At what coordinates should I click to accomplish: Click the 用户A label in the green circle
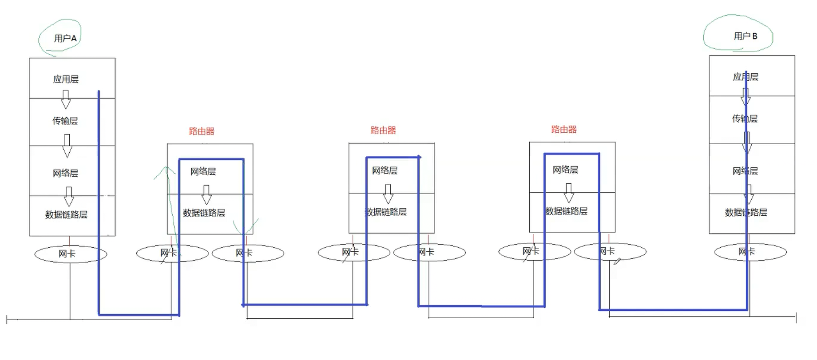coord(65,39)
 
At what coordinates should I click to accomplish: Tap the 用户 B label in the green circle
coord(745,36)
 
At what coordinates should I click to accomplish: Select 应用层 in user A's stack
coord(66,79)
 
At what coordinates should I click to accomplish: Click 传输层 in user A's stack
coord(65,121)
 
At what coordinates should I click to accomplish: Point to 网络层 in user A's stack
coord(65,173)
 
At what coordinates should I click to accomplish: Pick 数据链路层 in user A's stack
coord(66,215)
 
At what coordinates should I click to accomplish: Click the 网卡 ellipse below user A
coord(70,254)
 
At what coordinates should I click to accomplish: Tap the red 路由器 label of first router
coord(202,131)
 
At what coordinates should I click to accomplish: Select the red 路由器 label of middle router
coord(383,131)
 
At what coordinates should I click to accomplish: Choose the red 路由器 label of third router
coord(564,130)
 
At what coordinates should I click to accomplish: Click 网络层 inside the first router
coord(203,172)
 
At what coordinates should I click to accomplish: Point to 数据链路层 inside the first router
coord(204,213)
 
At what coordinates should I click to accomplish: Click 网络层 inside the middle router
coord(385,171)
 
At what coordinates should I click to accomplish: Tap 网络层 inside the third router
coord(565,170)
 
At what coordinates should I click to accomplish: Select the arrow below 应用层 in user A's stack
coord(66,99)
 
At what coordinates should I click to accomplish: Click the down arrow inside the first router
coord(206,194)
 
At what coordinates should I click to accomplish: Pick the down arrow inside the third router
coord(569,193)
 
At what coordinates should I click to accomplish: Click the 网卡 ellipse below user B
coord(750,252)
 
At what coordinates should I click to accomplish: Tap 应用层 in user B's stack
coord(745,77)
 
